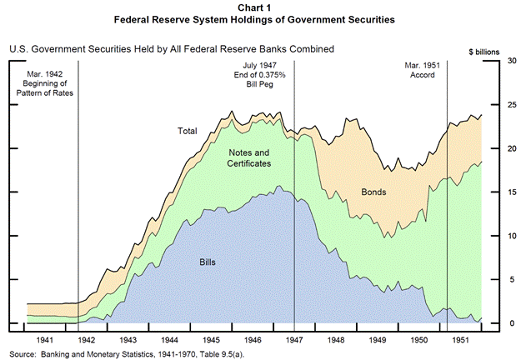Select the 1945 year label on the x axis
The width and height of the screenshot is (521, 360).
(x=213, y=340)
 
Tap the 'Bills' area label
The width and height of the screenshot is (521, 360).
(x=208, y=262)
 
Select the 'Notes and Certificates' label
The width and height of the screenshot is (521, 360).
(x=250, y=158)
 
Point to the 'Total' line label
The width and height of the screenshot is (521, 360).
(x=187, y=131)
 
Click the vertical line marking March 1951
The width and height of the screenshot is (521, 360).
(x=448, y=208)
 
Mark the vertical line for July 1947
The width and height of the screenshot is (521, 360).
(x=295, y=208)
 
